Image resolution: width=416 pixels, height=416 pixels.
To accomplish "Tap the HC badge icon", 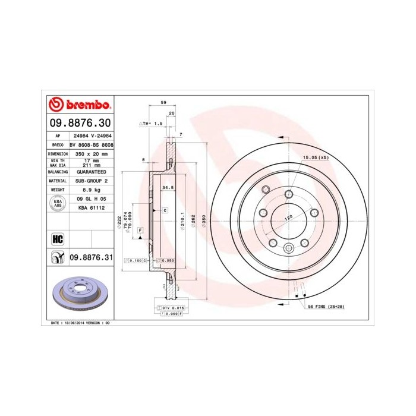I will [58, 239].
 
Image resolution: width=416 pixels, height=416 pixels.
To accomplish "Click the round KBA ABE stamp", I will [58, 203].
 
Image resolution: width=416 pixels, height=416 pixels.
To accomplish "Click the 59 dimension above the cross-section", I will [163, 103].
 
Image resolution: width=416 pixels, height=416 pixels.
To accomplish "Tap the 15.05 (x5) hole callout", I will [316, 157].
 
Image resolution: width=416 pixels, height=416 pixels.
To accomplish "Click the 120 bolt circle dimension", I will [288, 218].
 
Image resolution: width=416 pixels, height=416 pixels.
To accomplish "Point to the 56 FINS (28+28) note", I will [328, 306].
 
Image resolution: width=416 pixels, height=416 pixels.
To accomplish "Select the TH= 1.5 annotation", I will [152, 123].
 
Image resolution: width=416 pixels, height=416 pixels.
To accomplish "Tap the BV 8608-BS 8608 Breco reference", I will [91, 144].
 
